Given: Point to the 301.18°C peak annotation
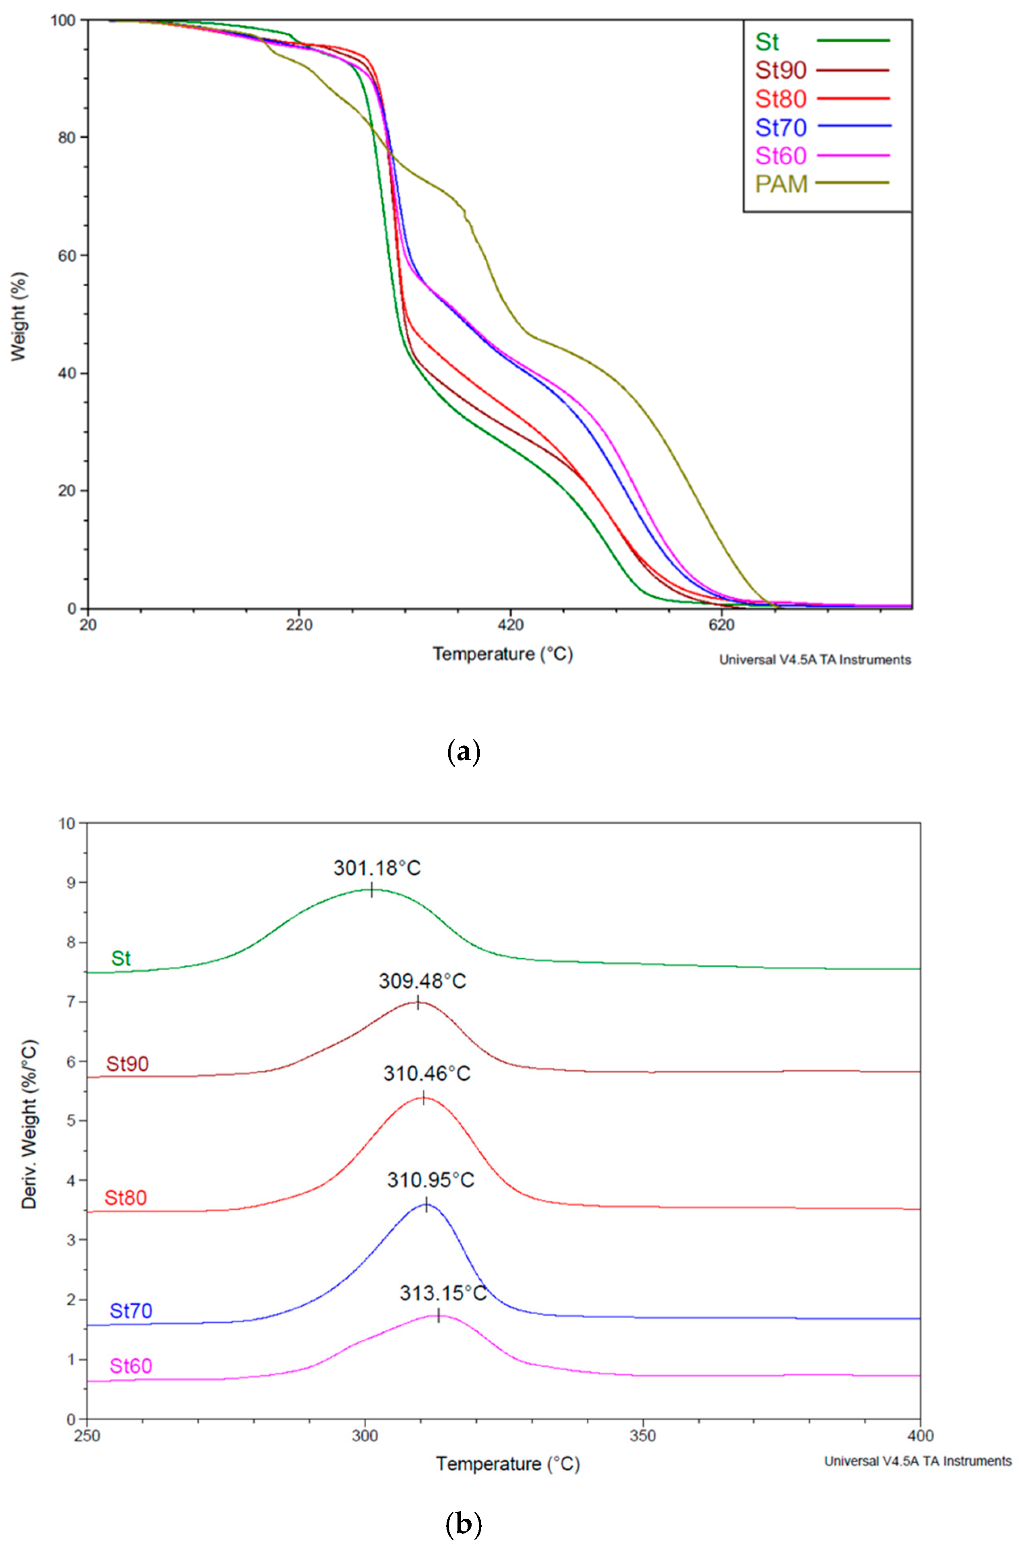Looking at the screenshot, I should tap(377, 868).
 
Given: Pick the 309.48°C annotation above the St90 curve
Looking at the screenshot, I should tap(422, 981).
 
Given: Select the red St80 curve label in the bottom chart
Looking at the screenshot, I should tap(126, 1198).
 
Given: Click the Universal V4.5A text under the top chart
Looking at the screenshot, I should tap(815, 660).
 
